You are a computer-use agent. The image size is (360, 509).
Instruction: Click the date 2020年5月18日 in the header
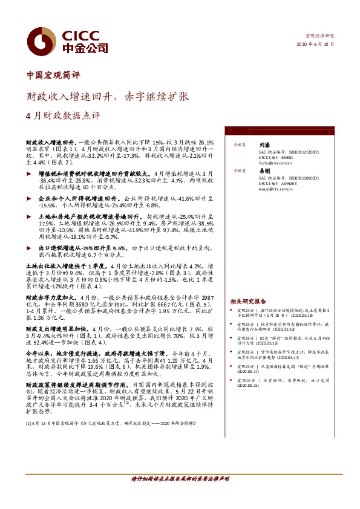pyautogui.click(x=315, y=45)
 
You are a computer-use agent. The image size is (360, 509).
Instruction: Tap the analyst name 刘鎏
pyautogui.click(x=264, y=145)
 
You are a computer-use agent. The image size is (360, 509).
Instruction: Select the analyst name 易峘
pyautogui.click(x=264, y=171)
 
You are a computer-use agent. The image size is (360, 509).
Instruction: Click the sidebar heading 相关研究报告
pyautogui.click(x=248, y=300)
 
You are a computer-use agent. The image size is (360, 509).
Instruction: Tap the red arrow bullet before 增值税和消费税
pyautogui.click(x=31, y=173)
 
